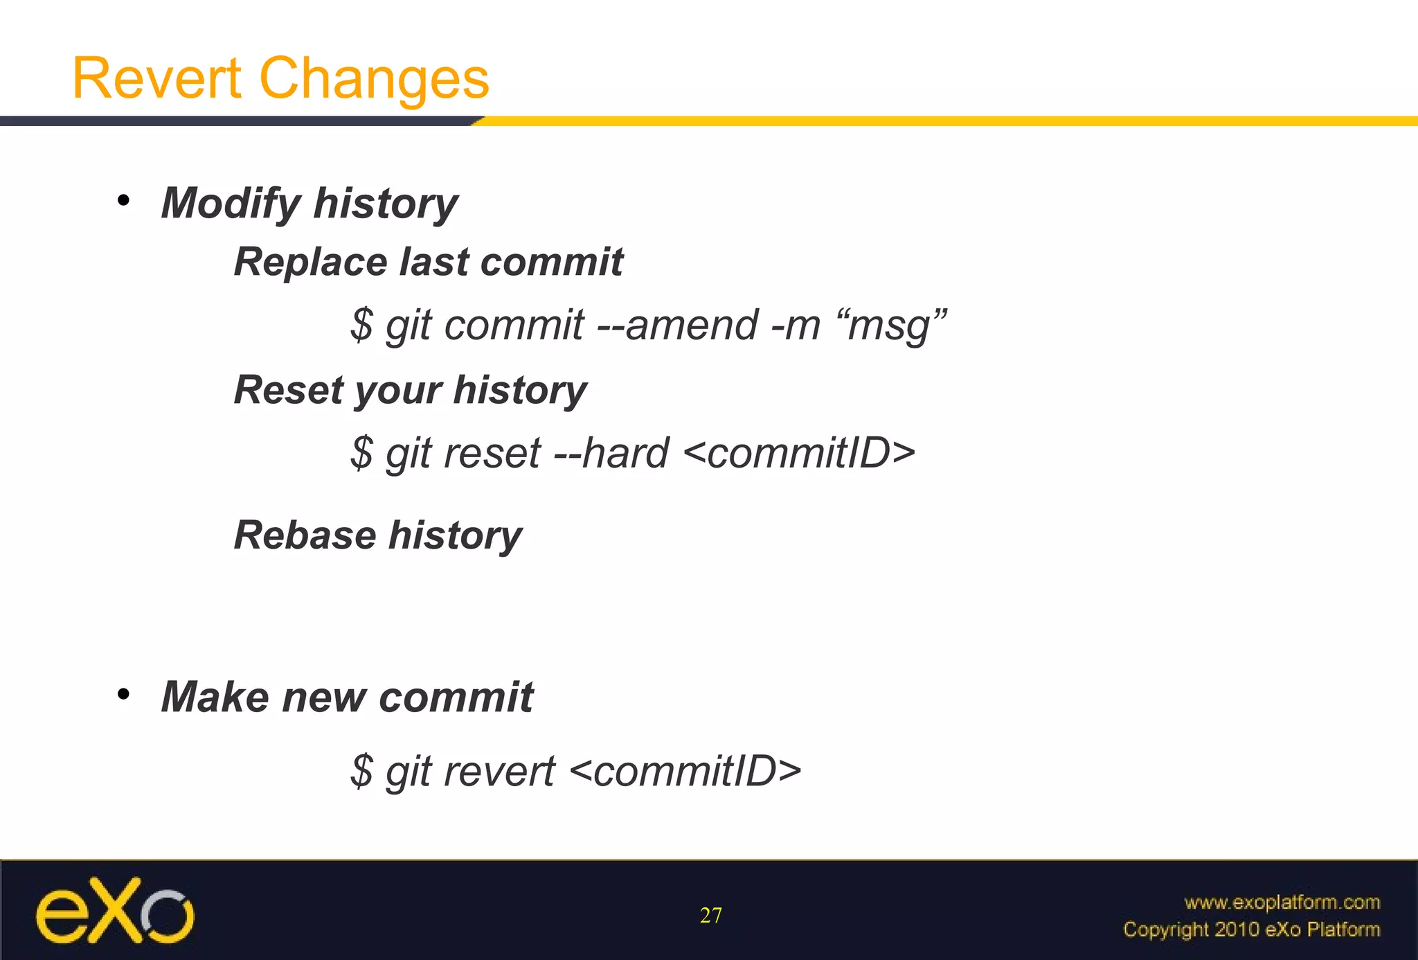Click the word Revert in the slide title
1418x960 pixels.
tap(156, 78)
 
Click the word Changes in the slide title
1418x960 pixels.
tap(374, 78)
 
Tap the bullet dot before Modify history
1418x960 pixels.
tap(123, 201)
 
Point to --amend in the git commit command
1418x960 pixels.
tap(676, 325)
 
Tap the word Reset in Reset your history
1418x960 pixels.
tap(288, 390)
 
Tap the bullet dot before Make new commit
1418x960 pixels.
tap(123, 694)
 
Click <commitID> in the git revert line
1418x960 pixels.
tap(685, 772)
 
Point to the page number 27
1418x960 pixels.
tap(710, 916)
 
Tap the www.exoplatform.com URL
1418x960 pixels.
tap(1282, 903)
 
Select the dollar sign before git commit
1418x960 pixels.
tap(361, 325)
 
